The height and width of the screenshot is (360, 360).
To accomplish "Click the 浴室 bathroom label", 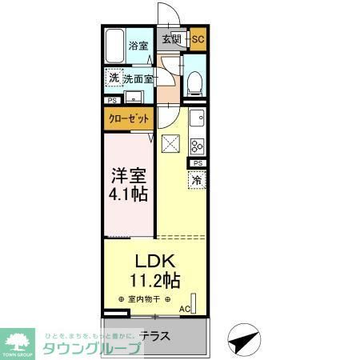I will point(140,46).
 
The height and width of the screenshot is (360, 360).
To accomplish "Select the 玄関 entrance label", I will point(170,38).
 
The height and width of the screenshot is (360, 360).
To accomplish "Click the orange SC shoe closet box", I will point(198,38).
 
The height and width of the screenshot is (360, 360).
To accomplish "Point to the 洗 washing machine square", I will point(114,78).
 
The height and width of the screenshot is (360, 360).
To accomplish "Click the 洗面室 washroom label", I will point(138,79).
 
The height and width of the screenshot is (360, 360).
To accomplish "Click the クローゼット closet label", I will point(128,118).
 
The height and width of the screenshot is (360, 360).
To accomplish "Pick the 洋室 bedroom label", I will point(126,175).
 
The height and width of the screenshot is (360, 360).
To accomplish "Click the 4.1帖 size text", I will point(126,194).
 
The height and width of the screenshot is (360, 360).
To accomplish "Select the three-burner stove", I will point(198,146).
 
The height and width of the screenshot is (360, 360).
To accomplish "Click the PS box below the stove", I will point(197,163).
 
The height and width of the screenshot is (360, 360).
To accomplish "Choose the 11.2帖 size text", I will point(155,280).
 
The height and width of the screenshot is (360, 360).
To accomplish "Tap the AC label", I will point(184,310).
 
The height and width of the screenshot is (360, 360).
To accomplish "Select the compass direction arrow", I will point(241,340).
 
